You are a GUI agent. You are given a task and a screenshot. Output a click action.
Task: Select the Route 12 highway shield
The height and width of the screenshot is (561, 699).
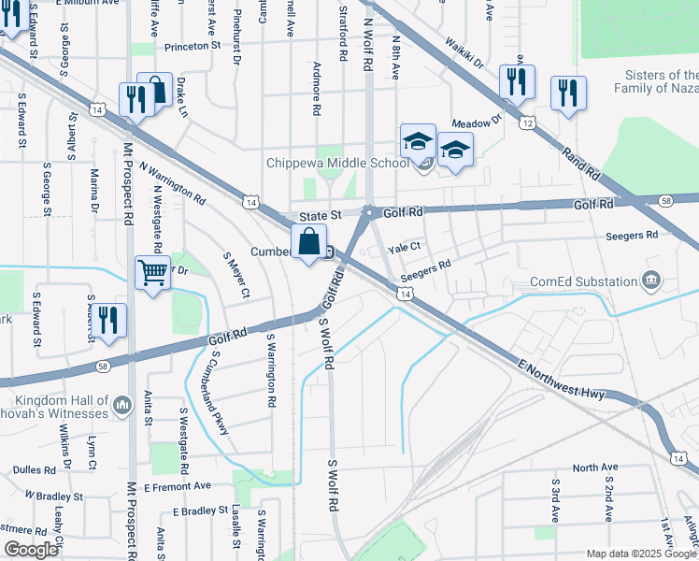[528, 123]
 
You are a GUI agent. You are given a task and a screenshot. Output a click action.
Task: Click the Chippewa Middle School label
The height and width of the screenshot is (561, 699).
[337, 164]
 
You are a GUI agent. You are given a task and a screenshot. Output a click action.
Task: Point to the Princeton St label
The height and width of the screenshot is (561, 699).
[192, 45]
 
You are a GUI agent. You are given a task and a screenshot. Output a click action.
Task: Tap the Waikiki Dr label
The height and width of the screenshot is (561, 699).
[464, 55]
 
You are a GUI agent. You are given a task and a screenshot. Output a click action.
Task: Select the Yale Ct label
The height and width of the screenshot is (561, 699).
[406, 248]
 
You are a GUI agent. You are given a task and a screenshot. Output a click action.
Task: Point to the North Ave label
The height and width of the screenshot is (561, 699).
[595, 467]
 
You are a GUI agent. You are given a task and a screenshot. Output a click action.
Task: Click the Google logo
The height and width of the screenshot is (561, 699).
[31, 550]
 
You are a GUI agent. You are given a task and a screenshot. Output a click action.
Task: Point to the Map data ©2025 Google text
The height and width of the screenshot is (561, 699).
[640, 554]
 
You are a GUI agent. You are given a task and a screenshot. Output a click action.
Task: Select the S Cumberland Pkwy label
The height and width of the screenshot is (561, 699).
[220, 381]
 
